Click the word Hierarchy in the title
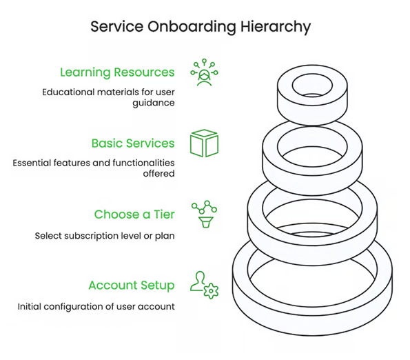click(276, 27)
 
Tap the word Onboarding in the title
click(192, 27)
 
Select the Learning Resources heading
click(117, 72)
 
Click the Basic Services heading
click(133, 143)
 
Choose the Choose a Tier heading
click(134, 214)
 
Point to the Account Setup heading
click(132, 286)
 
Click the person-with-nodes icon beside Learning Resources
click(204, 72)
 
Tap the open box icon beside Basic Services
click(204, 143)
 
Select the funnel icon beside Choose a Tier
click(206, 222)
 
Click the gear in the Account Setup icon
click(211, 291)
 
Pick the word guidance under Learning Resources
click(154, 103)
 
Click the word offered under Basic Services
click(158, 174)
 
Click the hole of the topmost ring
click(312, 86)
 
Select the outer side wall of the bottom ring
click(312, 323)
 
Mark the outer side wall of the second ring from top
click(312, 184)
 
